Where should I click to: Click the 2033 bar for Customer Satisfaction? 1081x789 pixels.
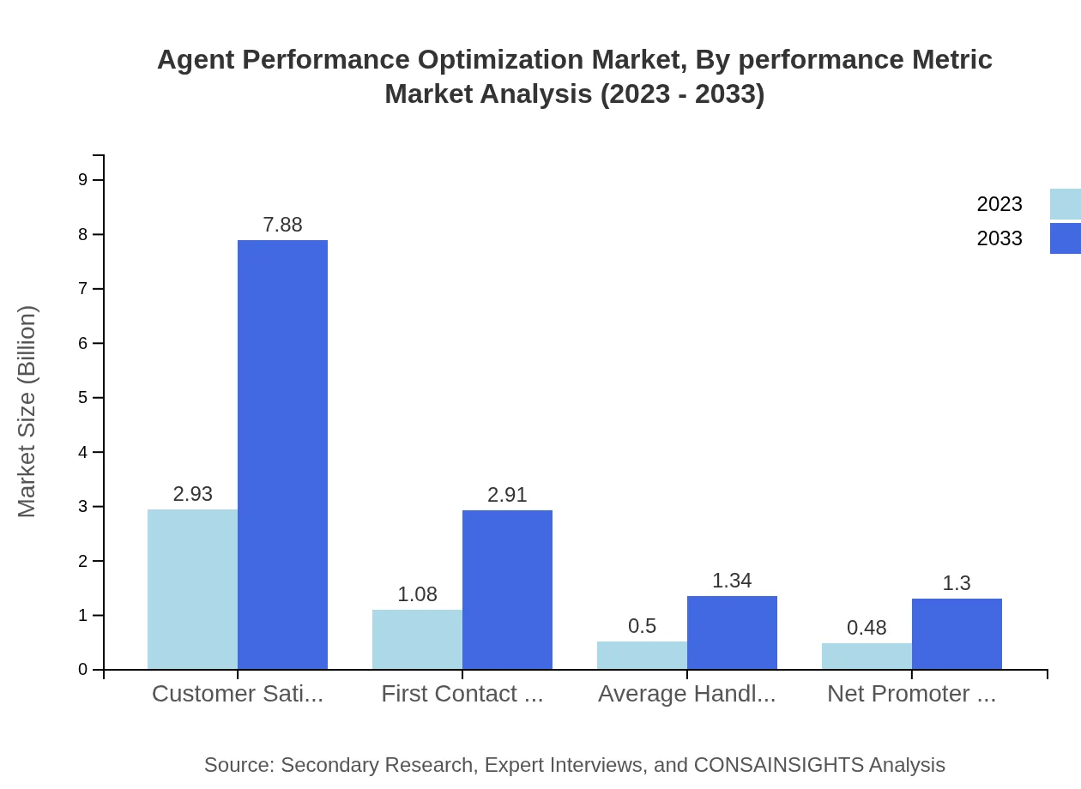[282, 455]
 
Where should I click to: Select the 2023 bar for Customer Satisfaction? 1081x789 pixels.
[192, 589]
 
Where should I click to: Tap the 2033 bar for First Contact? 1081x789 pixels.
[507, 589]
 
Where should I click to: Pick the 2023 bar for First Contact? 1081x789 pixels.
[417, 639]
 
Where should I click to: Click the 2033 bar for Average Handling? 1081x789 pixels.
[732, 632]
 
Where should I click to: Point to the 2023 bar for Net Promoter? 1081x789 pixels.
[867, 656]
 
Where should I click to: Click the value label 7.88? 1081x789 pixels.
[282, 225]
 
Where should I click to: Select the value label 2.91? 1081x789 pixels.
[507, 495]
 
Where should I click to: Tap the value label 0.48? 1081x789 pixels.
[867, 628]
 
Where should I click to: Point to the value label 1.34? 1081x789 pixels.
[732, 581]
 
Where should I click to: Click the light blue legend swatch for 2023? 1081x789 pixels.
[1065, 204]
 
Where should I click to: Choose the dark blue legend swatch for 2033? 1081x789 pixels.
[1065, 238]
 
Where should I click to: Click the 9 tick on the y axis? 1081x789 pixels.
[83, 179]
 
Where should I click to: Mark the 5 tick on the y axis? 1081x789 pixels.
[83, 397]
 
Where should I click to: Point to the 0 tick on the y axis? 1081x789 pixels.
[83, 670]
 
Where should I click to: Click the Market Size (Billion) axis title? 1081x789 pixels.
[27, 412]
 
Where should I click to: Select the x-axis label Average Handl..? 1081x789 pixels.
[686, 694]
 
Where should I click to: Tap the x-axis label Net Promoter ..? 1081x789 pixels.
[911, 694]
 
